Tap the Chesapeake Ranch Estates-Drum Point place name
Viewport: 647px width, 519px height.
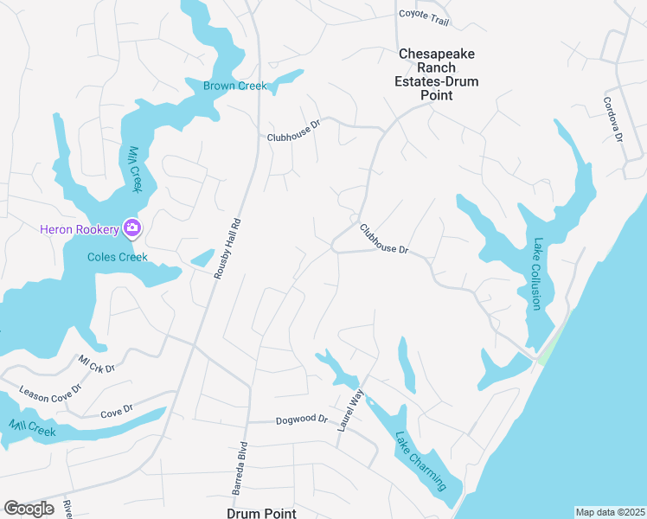pyautogui.click(x=438, y=74)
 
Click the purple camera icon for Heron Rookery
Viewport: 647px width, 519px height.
pyautogui.click(x=131, y=228)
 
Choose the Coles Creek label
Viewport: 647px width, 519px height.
pyautogui.click(x=118, y=257)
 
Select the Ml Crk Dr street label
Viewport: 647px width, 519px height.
pyautogui.click(x=96, y=362)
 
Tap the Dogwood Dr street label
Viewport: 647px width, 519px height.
pyautogui.click(x=302, y=420)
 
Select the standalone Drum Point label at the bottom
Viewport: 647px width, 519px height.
pyautogui.click(x=261, y=513)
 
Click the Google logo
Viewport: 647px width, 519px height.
pyautogui.click(x=29, y=509)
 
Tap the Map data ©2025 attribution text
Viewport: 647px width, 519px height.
pyautogui.click(x=610, y=512)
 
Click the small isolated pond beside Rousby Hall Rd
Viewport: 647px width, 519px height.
pyautogui.click(x=202, y=258)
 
